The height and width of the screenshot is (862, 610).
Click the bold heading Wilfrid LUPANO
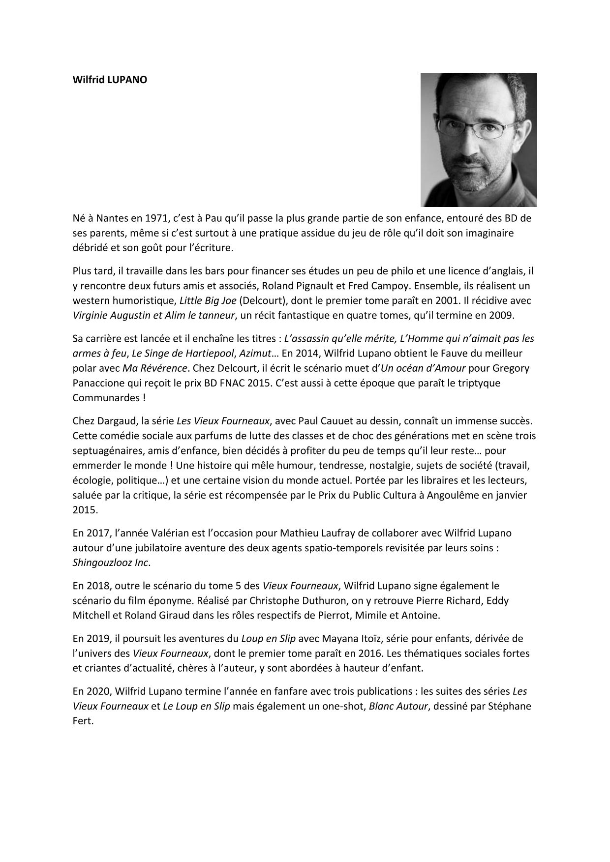(x=110, y=80)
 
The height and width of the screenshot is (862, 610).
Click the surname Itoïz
(x=371, y=639)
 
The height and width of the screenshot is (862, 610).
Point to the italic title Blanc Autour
(x=398, y=707)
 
